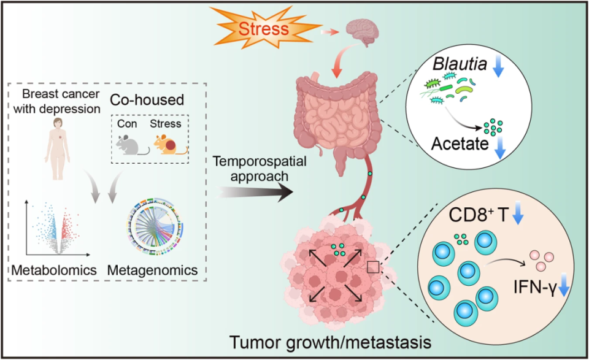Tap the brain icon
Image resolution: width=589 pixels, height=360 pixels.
(363, 31)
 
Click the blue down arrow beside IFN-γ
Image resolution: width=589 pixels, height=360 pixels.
(564, 293)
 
